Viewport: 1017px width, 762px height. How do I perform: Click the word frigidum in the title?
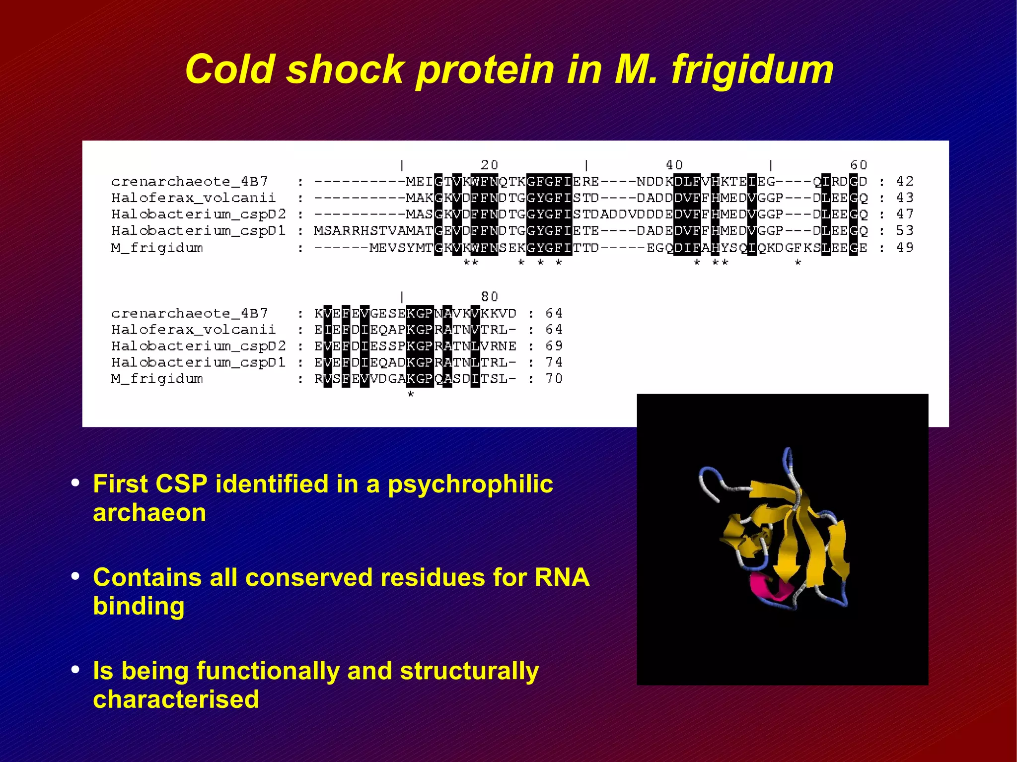point(752,69)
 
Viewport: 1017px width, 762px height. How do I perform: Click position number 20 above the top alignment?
point(489,165)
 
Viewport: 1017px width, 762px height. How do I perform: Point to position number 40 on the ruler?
point(674,165)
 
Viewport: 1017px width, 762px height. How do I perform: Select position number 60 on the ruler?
point(859,165)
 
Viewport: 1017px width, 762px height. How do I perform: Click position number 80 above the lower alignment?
point(489,297)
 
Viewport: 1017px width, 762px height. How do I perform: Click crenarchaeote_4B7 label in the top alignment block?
point(190,182)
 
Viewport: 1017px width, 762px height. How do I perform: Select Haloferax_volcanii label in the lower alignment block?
point(193,330)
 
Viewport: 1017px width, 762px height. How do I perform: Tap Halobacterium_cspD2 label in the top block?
point(199,214)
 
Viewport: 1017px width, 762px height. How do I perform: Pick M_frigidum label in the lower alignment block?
point(157,379)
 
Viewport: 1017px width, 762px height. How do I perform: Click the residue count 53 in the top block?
point(905,231)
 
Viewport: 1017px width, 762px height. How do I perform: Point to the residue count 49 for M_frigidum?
point(905,248)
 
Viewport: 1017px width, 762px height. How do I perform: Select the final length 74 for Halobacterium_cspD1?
point(554,362)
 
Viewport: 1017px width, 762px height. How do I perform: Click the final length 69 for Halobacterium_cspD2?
point(554,346)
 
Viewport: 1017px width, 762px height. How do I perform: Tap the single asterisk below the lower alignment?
point(411,395)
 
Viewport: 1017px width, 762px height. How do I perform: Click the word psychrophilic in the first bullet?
point(470,484)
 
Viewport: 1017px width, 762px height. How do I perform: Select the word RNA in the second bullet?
point(562,577)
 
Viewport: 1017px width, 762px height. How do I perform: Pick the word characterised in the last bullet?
point(176,699)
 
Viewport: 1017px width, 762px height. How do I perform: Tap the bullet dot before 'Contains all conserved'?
point(75,576)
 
